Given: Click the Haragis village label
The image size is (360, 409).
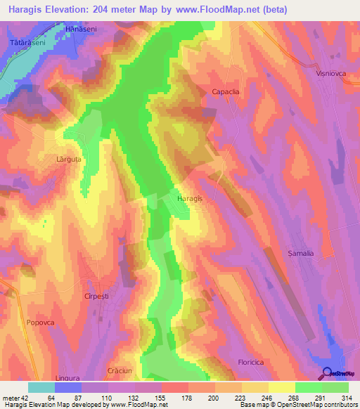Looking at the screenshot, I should pos(190,199).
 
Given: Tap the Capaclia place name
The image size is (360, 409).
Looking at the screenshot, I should pos(226,91).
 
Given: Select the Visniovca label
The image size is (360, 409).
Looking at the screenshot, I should pos(328,71).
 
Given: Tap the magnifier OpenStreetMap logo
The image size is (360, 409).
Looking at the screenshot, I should pos(328,372).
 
